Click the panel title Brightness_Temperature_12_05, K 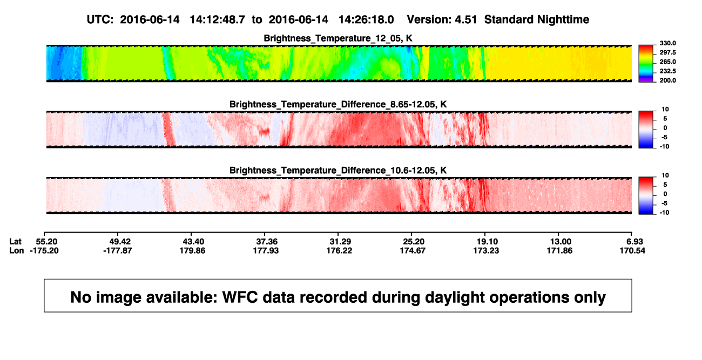coord(338,38)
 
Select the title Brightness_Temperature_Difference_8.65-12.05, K coord(338,104)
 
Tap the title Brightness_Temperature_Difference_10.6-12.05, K coord(338,171)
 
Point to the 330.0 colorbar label coord(667,43)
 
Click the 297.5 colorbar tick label coord(667,52)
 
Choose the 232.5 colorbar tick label coord(667,71)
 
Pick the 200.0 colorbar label coord(667,80)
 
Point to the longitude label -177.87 coord(118,250)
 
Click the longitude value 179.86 coord(192,250)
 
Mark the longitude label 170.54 coord(632,250)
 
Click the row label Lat coord(15,242)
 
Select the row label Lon coord(16,250)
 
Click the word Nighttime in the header coord(563,19)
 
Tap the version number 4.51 coord(465,19)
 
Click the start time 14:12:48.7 coord(218,19)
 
